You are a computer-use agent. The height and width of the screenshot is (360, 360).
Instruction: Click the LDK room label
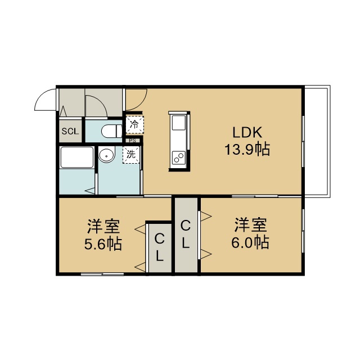[247, 133]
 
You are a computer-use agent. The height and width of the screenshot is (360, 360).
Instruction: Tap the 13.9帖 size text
[247, 150]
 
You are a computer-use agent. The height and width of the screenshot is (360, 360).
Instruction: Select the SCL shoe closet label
[70, 131]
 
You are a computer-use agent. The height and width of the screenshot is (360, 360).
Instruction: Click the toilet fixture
[112, 131]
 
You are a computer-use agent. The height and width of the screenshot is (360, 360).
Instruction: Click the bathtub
[76, 157]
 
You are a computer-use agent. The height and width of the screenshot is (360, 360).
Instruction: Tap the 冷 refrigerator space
[135, 125]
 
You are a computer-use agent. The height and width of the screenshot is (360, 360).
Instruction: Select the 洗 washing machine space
[131, 155]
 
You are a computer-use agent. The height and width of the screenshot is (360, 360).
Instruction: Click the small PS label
[133, 141]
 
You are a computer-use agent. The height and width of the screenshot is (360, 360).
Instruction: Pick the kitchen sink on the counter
[179, 123]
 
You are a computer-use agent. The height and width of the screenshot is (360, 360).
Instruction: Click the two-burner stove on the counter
[179, 157]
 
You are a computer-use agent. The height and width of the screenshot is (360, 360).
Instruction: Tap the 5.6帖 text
[103, 244]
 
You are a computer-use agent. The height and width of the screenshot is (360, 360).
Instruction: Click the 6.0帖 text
[250, 242]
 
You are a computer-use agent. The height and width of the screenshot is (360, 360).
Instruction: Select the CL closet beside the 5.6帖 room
[160, 248]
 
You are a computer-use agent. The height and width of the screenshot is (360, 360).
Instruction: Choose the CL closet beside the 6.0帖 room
[186, 235]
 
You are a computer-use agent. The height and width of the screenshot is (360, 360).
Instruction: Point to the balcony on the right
[317, 141]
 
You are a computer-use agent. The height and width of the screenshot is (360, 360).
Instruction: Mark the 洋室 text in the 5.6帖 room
[103, 227]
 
